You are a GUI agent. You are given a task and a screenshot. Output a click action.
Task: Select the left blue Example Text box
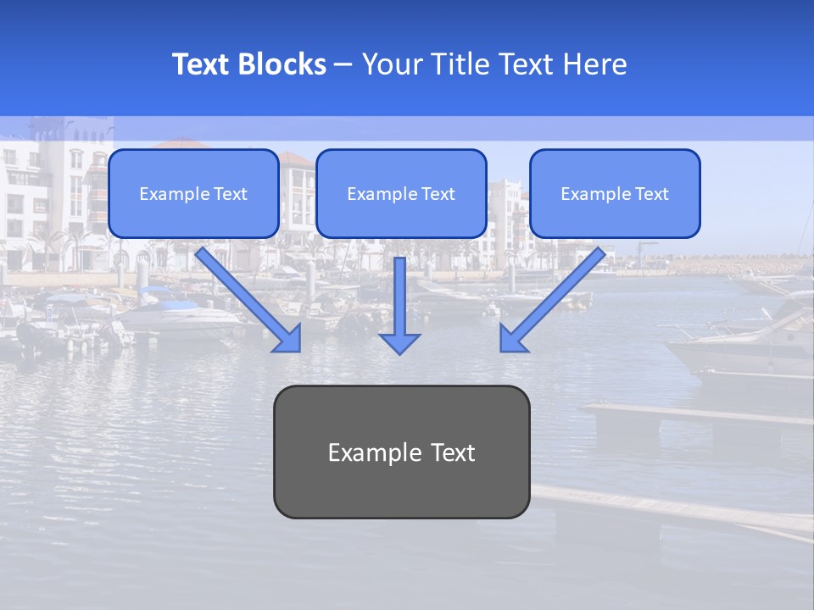click(x=193, y=194)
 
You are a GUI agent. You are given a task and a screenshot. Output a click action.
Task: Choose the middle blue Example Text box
click(x=401, y=194)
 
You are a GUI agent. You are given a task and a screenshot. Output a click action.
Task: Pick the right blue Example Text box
click(x=615, y=194)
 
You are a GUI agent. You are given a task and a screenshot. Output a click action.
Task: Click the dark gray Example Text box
click(x=401, y=452)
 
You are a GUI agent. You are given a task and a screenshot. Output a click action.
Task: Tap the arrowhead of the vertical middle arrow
click(x=399, y=343)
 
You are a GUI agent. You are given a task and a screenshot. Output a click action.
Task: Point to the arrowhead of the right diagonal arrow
click(x=512, y=339)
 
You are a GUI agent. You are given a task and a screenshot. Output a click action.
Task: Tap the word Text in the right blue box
click(x=650, y=194)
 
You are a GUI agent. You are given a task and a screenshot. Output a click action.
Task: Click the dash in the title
click(x=344, y=65)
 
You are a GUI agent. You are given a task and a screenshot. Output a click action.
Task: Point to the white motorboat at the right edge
click(x=746, y=343)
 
